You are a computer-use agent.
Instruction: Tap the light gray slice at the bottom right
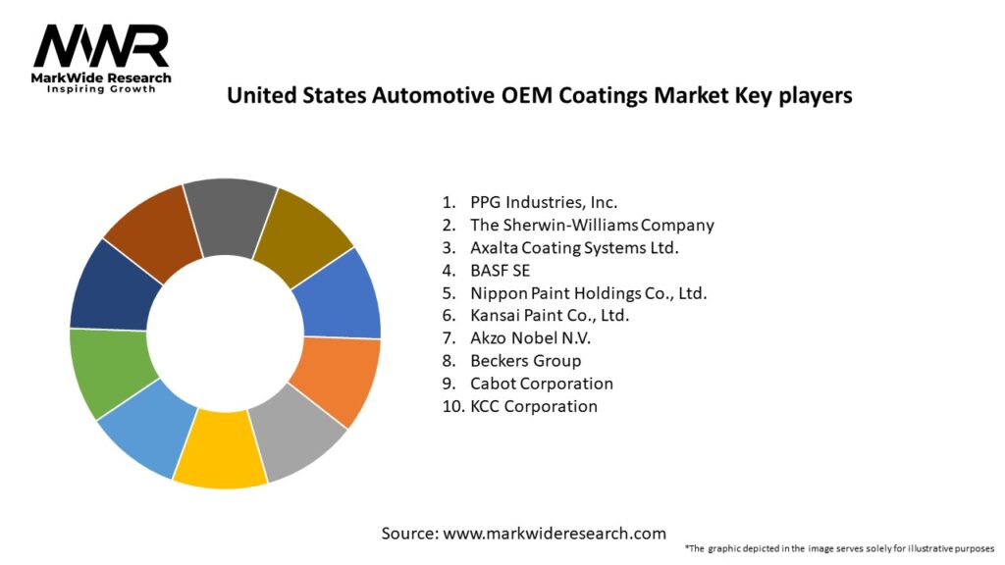click(x=299, y=432)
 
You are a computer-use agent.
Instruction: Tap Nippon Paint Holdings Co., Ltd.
click(x=588, y=292)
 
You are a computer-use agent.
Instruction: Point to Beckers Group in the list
click(x=525, y=361)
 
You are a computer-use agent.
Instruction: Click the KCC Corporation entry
click(x=533, y=406)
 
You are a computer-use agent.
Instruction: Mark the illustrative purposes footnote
click(x=839, y=548)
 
